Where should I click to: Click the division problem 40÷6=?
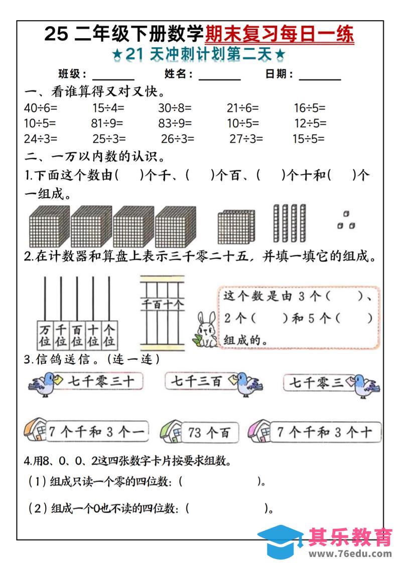click(41, 108)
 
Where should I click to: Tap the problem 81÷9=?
click(107, 123)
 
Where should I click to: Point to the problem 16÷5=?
click(310, 108)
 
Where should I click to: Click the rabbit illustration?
click(206, 330)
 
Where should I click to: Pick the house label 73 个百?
click(208, 432)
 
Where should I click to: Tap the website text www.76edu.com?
click(350, 553)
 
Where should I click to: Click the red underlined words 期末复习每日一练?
click(280, 35)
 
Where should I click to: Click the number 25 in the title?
click(56, 35)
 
